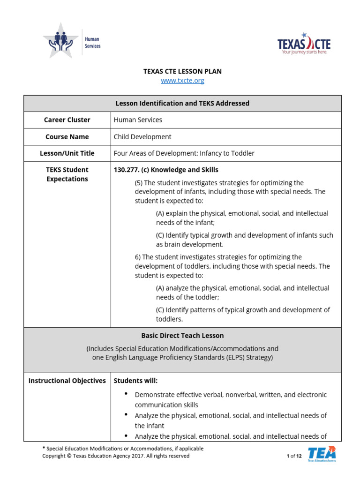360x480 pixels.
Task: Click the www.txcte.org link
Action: click(x=182, y=81)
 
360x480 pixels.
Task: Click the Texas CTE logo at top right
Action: click(x=304, y=44)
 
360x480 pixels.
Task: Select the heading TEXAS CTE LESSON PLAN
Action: click(x=182, y=71)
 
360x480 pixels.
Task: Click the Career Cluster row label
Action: click(x=67, y=120)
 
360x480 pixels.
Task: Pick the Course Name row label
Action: click(x=67, y=137)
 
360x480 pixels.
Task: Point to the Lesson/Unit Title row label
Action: click(x=67, y=153)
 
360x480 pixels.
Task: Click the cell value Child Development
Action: click(x=142, y=137)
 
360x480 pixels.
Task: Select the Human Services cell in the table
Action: click(x=138, y=120)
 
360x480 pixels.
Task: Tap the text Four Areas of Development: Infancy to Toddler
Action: click(x=184, y=153)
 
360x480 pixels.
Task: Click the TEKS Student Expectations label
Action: click(x=67, y=174)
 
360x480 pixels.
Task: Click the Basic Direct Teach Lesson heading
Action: click(x=182, y=336)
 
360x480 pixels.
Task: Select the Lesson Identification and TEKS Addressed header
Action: click(x=182, y=103)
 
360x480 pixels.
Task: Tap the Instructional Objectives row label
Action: click(x=67, y=381)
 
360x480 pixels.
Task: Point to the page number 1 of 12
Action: click(x=294, y=456)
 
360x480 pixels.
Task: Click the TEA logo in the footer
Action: click(x=322, y=454)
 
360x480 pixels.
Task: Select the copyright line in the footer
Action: click(x=116, y=456)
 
